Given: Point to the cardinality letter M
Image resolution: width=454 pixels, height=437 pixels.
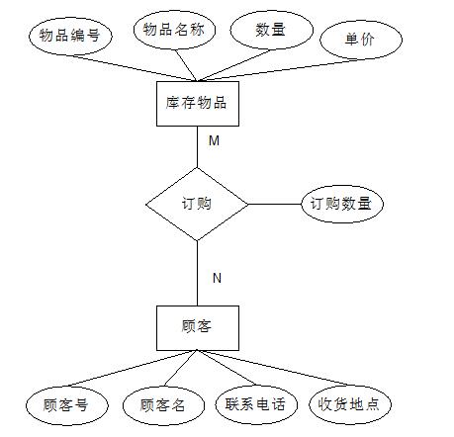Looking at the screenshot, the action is [x=214, y=140].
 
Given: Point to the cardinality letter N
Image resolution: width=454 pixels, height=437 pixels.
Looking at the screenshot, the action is [x=217, y=278].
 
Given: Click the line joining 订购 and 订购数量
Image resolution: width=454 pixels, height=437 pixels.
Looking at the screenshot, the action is [x=275, y=204].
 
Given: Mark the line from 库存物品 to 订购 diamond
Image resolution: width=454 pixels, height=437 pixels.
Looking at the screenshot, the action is [x=197, y=147].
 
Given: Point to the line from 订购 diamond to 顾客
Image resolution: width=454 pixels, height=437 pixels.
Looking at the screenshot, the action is [x=197, y=273].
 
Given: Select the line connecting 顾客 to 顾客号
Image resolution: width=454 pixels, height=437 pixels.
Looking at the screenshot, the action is [x=133, y=368].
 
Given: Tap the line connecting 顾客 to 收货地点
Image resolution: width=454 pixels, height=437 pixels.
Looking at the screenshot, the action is [x=274, y=368].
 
